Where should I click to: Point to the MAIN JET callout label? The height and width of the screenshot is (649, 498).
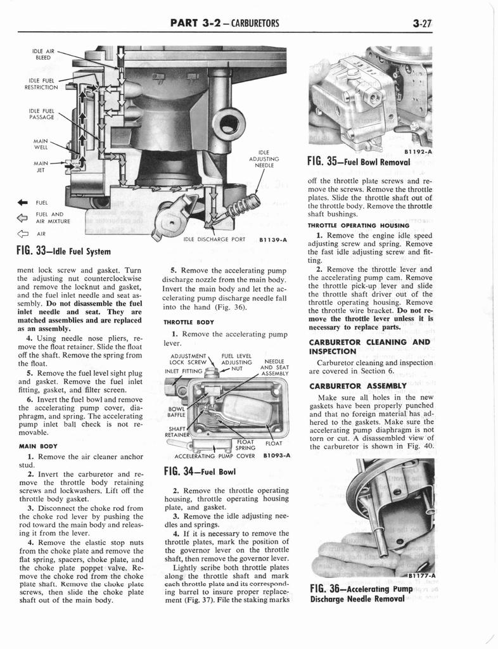click(41, 165)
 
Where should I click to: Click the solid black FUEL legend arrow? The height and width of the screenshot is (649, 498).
click(25, 203)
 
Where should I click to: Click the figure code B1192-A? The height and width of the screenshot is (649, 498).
click(418, 151)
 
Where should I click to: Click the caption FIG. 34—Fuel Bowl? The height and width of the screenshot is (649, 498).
click(200, 471)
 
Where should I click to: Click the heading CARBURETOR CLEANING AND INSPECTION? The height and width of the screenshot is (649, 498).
click(370, 346)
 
